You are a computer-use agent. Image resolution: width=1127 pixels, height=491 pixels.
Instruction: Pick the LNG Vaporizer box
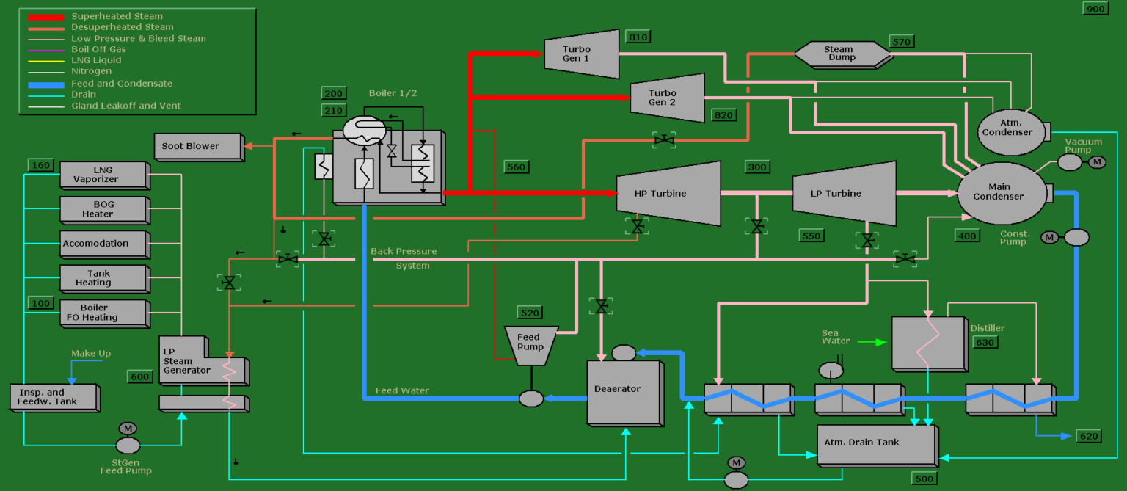(x=103, y=175)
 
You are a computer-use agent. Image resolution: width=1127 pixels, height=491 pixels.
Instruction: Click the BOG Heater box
(x=103, y=209)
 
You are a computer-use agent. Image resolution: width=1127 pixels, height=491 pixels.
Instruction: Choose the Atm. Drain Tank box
(x=875, y=443)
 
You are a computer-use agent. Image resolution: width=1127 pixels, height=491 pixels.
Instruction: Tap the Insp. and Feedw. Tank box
(x=53, y=397)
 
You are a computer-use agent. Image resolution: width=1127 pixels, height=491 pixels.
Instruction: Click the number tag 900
(x=1095, y=9)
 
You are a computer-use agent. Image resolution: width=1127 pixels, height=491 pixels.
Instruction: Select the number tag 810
(x=638, y=37)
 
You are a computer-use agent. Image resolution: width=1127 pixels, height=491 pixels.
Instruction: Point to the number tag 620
(x=1088, y=437)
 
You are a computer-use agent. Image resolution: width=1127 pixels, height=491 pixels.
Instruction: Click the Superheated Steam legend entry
(x=117, y=16)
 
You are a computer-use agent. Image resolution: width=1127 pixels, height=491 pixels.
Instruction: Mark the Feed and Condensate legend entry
(x=122, y=84)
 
